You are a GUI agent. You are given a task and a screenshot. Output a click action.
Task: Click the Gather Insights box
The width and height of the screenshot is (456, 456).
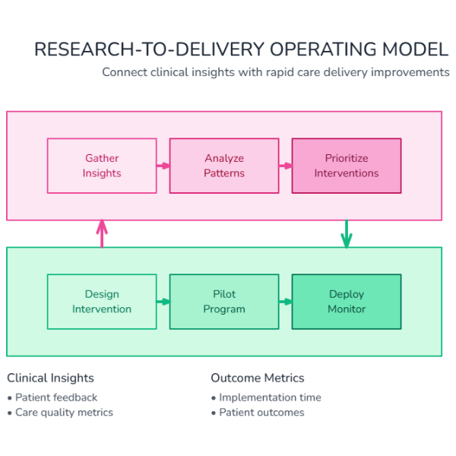click(102, 166)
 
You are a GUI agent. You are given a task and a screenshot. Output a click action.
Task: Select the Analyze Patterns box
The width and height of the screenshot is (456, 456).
click(224, 166)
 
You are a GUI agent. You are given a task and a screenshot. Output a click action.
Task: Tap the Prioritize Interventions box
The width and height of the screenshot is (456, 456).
click(347, 166)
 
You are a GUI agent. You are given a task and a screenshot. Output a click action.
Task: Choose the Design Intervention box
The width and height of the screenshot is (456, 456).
click(102, 302)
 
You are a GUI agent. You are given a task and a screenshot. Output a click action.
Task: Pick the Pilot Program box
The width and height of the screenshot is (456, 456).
click(224, 302)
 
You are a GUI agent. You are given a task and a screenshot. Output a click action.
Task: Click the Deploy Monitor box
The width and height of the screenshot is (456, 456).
click(347, 302)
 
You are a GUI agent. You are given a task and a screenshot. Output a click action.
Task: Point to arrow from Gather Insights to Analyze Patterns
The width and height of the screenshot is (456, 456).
click(163, 166)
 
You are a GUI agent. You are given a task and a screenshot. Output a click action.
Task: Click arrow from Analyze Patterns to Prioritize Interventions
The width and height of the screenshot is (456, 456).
click(285, 166)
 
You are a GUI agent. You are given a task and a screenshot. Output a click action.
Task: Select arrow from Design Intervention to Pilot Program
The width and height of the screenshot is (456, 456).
click(163, 302)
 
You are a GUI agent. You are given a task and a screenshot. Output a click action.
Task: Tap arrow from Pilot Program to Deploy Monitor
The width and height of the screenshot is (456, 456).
click(285, 302)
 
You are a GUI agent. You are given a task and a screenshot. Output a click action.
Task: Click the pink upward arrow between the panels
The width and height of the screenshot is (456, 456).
click(102, 233)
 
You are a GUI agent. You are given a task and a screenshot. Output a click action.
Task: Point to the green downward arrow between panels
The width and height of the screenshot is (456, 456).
click(347, 234)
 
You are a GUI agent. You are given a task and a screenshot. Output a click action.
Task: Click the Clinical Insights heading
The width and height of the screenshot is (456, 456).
click(50, 378)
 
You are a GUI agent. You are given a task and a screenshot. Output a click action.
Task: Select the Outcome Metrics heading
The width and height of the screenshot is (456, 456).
click(257, 378)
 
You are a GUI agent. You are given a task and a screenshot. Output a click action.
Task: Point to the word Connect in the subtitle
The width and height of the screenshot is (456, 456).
click(125, 72)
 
